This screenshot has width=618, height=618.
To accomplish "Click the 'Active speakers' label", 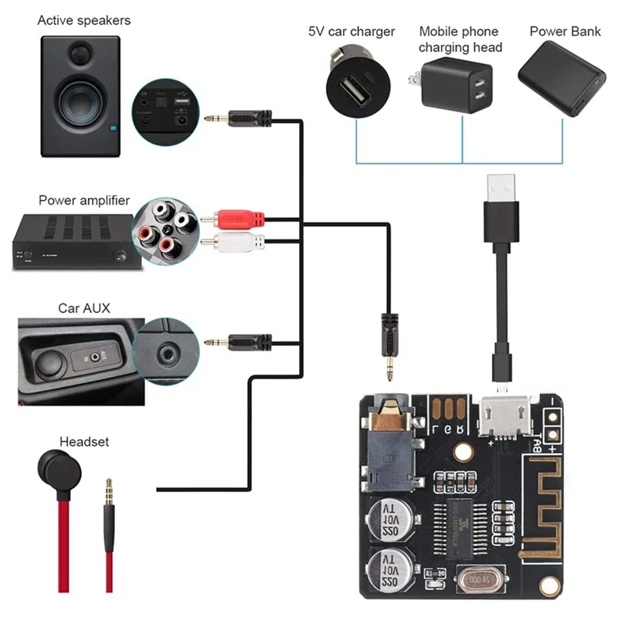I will coord(84,20).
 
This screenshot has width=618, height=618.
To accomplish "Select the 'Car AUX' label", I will coord(84,308).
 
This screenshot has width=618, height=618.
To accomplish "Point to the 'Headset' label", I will coord(84,442).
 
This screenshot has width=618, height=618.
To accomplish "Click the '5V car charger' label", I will coord(351,32).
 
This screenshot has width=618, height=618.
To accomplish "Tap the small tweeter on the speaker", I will coord(80,54).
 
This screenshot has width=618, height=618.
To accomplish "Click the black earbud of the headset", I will coord(56,468).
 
